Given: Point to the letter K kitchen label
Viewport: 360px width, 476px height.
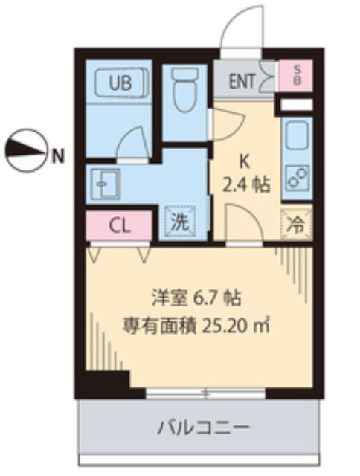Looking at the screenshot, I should [x=242, y=160].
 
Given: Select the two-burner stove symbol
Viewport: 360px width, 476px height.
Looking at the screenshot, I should [x=298, y=179].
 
